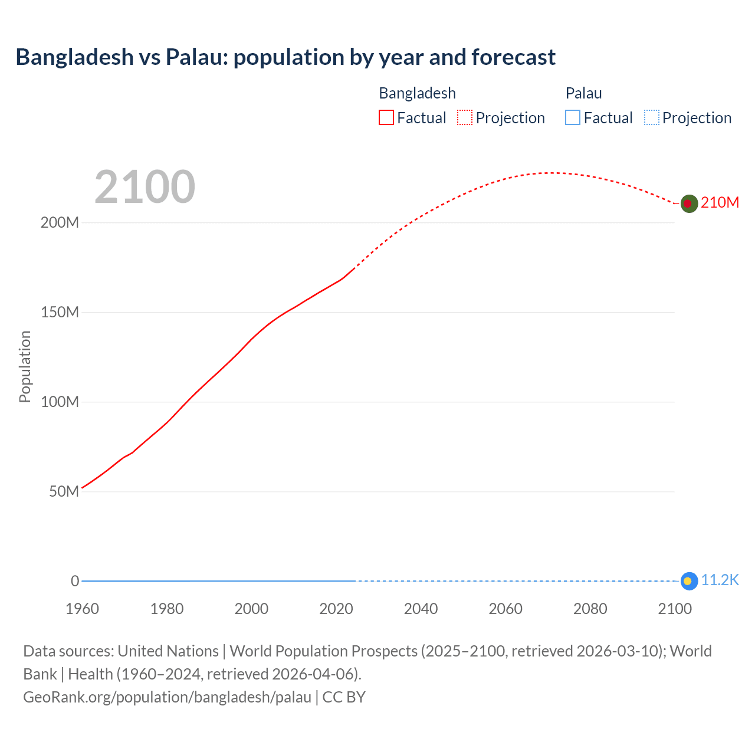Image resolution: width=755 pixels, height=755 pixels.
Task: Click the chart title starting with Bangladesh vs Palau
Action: (285, 57)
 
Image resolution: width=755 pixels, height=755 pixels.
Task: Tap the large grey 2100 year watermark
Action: (145, 187)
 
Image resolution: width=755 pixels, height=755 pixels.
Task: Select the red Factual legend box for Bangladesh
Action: (386, 118)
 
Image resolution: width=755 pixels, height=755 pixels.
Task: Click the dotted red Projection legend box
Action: (465, 118)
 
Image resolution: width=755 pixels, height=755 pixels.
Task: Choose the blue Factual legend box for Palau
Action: (573, 118)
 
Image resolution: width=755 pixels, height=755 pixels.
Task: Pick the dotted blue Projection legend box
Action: (651, 118)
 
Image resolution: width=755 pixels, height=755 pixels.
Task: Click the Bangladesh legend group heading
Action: (417, 93)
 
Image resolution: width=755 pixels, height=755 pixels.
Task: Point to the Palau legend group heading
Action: (583, 93)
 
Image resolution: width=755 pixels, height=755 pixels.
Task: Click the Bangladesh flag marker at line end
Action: (689, 203)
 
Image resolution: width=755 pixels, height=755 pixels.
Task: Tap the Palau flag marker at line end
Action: (689, 581)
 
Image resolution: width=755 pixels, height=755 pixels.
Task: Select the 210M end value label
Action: (720, 203)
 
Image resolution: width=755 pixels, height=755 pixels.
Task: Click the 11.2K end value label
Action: (720, 580)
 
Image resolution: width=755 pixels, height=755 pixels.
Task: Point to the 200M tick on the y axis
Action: (60, 223)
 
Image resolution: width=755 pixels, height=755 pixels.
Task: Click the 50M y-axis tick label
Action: (64, 492)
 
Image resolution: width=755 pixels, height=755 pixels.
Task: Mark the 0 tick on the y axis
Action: (75, 582)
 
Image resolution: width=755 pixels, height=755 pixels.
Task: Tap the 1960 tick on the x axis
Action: (82, 609)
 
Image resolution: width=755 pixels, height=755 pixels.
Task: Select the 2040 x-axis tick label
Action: (421, 609)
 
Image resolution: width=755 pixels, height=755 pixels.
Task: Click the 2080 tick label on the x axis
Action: (590, 609)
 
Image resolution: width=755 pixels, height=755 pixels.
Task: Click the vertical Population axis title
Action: (25, 366)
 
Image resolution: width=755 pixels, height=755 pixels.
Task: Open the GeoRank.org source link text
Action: (167, 697)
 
